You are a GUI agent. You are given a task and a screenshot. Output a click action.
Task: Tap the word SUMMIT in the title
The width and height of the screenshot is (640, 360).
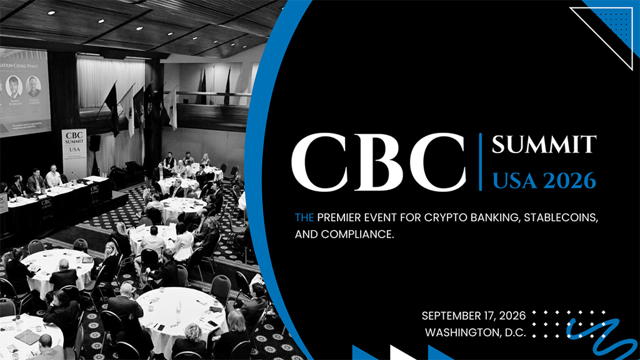pos(543,145)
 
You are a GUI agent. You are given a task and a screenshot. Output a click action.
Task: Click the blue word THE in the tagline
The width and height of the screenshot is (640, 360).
pos(304,218)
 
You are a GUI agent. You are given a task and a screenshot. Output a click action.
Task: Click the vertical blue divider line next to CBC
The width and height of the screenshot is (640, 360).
pos(480,161)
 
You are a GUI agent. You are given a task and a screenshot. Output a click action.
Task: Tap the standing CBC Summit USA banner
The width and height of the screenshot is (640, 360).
pos(74,154)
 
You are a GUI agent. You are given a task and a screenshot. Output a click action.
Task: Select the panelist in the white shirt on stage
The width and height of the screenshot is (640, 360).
pos(54,178)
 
